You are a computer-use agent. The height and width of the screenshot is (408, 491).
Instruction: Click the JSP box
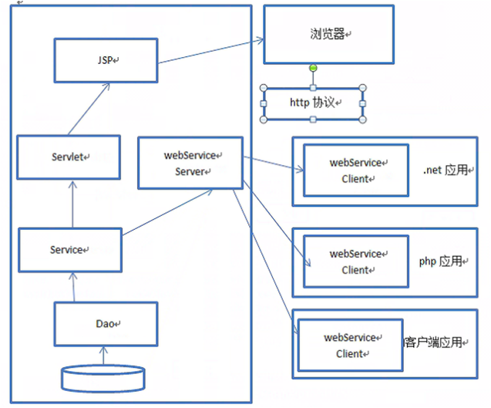106,59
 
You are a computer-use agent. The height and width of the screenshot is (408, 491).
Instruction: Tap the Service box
69,250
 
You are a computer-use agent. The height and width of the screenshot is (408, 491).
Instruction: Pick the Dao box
106,323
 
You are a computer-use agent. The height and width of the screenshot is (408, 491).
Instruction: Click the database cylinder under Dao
103,378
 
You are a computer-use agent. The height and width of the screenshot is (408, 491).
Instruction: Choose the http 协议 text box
314,103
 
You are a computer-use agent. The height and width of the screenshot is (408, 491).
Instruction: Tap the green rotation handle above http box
313,69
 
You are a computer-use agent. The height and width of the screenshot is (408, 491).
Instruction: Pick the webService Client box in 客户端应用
350,346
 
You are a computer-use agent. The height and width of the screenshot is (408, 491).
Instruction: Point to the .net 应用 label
445,170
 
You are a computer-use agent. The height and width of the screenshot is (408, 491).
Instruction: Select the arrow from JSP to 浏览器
210,52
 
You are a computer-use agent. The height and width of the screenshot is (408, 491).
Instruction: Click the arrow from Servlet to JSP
87,110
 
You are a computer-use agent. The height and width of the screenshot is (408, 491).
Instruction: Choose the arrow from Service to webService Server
166,211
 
